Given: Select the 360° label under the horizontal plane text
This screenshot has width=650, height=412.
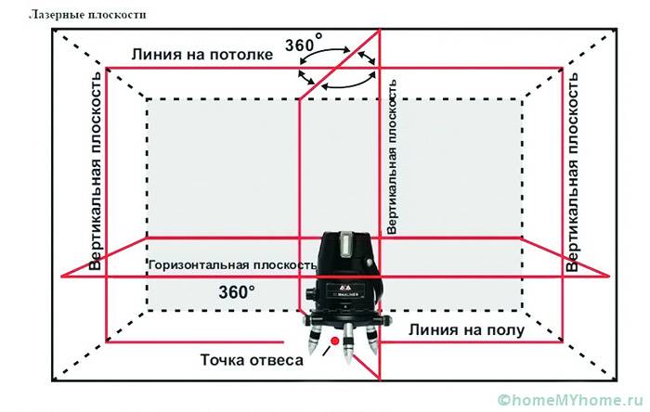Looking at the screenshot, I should point(237,291).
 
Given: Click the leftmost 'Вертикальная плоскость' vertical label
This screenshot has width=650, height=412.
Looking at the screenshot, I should point(96,172).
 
